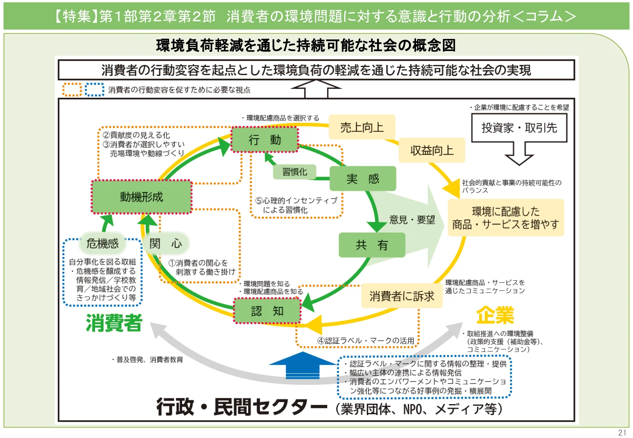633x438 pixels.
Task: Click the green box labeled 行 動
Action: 265,139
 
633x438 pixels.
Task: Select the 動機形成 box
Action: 141,197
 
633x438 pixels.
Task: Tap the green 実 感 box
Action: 363,179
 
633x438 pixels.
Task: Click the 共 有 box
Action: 372,245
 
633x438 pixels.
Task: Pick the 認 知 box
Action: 267,311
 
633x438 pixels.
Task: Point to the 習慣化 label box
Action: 294,172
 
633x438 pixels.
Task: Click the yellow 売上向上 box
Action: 362,127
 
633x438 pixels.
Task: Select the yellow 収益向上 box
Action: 432,150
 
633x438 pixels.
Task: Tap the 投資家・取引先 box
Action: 519,128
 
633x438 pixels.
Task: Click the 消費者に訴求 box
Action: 402,296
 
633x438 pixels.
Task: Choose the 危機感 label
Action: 102,243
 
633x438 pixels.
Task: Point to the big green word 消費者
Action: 114,323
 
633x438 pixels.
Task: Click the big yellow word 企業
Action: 495,315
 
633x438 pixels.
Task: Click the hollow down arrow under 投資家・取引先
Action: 519,154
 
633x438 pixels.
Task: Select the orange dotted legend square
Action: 72,90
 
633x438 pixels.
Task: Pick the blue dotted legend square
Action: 95,90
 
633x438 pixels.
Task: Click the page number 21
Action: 622,433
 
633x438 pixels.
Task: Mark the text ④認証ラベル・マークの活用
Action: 365,341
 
